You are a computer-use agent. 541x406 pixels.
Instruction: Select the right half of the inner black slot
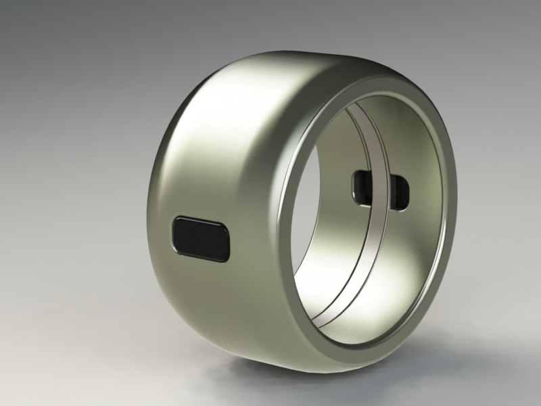click(x=399, y=190)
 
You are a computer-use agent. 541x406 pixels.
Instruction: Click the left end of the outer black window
click(x=175, y=235)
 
